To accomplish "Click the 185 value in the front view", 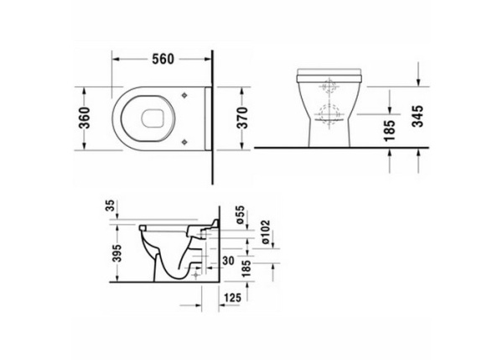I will (x=390, y=131).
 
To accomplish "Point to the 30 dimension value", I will (x=226, y=262).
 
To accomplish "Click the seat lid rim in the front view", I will (x=330, y=71).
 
